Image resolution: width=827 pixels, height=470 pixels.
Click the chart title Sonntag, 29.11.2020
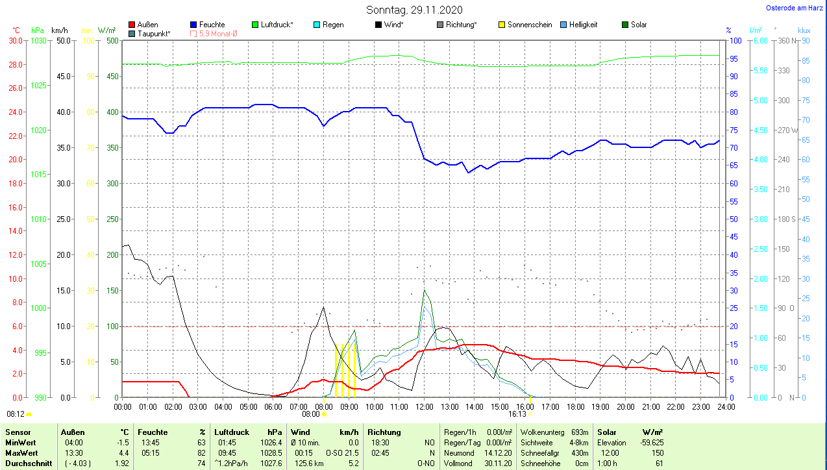click(x=415, y=10)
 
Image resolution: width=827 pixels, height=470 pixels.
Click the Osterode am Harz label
click(x=795, y=8)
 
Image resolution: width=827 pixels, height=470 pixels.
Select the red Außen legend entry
click(x=143, y=25)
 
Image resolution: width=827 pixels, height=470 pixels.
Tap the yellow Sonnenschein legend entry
click(x=525, y=25)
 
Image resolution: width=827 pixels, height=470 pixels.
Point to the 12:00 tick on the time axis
click(x=424, y=407)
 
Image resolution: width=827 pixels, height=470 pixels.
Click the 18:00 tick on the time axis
click(x=575, y=407)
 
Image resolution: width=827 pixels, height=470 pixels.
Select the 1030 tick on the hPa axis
click(x=38, y=41)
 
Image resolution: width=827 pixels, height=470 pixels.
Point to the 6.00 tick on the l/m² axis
click(x=759, y=41)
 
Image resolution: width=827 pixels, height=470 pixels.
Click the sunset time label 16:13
click(x=517, y=414)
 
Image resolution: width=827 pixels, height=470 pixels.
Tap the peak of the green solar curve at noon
click(x=424, y=290)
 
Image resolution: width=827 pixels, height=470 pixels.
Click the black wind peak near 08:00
click(x=323, y=306)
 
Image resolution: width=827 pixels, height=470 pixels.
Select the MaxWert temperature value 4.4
click(x=123, y=453)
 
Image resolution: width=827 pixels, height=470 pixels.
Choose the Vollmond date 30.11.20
click(x=499, y=464)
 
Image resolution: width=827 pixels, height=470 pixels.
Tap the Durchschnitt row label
click(x=29, y=464)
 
